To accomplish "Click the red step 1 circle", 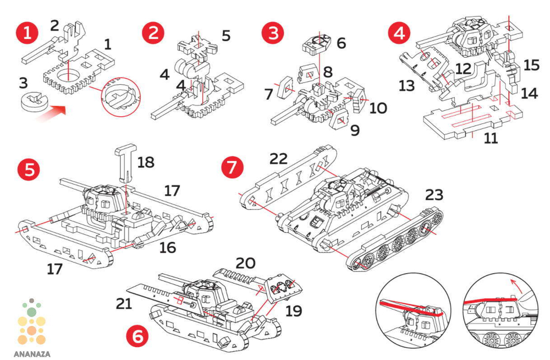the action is point(26,34).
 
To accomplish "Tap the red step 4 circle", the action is point(399,34).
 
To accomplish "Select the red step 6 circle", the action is point(137,336).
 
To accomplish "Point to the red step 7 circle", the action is point(233,167).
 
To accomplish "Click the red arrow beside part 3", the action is point(52,113).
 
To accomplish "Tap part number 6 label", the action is point(342,43).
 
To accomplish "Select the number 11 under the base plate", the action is point(491,138).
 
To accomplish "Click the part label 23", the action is point(435,194).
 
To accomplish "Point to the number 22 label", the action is point(278,159).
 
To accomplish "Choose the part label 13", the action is point(407,85).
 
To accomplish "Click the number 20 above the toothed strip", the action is point(245,263).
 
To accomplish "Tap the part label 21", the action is point(124,304).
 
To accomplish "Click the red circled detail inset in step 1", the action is point(120,96).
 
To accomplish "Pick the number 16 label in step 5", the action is point(168,247).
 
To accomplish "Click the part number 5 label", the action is point(226,35).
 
